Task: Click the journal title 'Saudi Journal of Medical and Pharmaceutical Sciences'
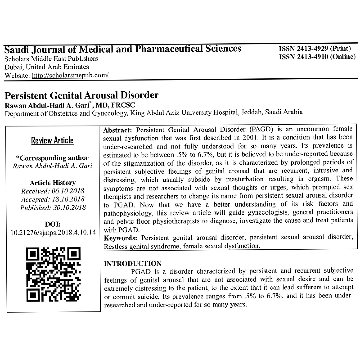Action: pyautogui.click(x=123, y=49)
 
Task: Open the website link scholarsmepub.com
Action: pyautogui.click(x=70, y=75)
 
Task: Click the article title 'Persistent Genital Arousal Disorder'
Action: pyautogui.click(x=82, y=96)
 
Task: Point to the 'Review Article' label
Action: pyautogui.click(x=52, y=140)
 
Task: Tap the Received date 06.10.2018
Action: pyautogui.click(x=68, y=191)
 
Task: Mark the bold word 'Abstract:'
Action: pyautogui.click(x=118, y=130)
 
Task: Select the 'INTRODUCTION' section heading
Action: pyautogui.click(x=133, y=264)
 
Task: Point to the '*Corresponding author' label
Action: pyautogui.click(x=52, y=158)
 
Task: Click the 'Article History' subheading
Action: pyautogui.click(x=53, y=183)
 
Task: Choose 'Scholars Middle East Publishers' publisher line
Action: pyautogui.click(x=51, y=59)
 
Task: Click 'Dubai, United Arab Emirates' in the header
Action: pyautogui.click(x=47, y=67)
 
